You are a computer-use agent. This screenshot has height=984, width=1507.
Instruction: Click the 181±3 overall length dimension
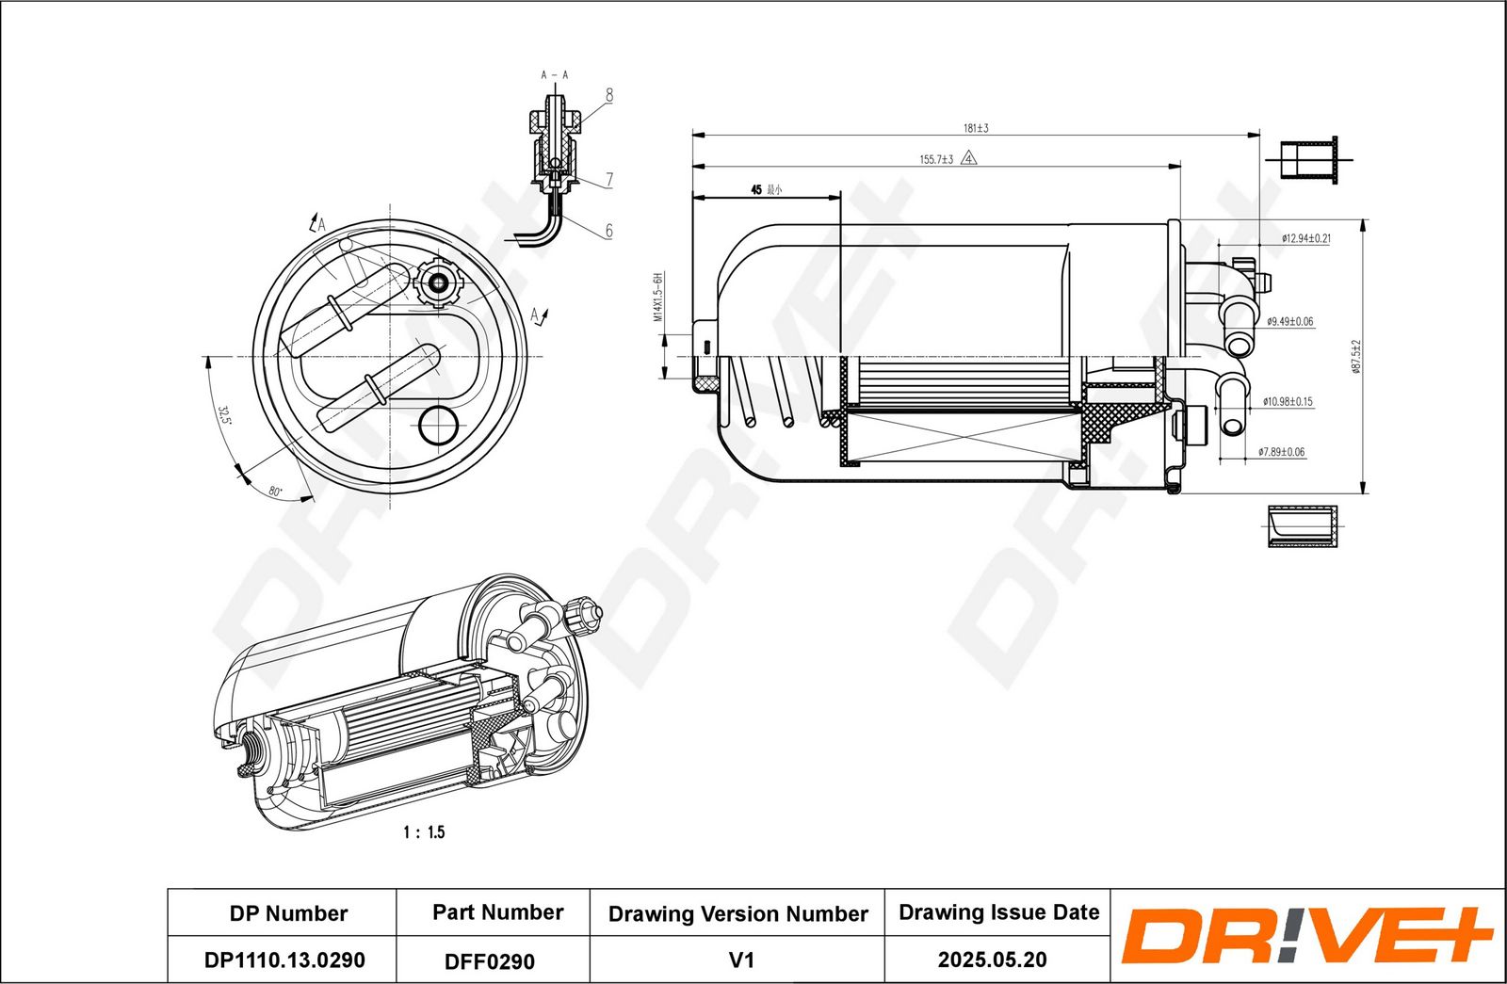pyautogui.click(x=975, y=128)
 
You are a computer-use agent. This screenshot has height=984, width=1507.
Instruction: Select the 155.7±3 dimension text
pyautogui.click(x=936, y=159)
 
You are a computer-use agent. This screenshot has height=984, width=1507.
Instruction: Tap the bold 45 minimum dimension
pyautogui.click(x=755, y=190)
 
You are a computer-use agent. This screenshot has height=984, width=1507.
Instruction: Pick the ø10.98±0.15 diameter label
pyautogui.click(x=1288, y=402)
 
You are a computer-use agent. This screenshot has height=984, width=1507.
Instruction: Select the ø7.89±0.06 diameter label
pyautogui.click(x=1281, y=453)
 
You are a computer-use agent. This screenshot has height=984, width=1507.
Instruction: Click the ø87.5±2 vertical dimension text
pyautogui.click(x=1356, y=356)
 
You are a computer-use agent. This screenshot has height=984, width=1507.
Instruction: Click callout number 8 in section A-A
pyautogui.click(x=609, y=95)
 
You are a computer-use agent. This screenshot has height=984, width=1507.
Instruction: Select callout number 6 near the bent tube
pyautogui.click(x=609, y=231)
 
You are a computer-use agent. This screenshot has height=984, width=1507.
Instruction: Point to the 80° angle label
pyautogui.click(x=275, y=491)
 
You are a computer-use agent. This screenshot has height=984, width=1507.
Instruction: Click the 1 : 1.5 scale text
pyautogui.click(x=424, y=832)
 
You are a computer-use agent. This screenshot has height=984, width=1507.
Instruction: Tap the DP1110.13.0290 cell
pyautogui.click(x=284, y=960)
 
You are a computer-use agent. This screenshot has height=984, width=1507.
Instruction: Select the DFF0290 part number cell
pyautogui.click(x=490, y=961)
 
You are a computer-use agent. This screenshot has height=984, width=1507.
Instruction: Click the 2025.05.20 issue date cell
pyautogui.click(x=992, y=960)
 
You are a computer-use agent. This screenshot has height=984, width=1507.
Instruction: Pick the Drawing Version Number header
pyautogui.click(x=737, y=914)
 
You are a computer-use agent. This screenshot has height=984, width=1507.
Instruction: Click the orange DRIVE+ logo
pyautogui.click(x=1306, y=935)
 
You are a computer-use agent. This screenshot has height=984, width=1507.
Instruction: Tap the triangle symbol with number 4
pyautogui.click(x=969, y=159)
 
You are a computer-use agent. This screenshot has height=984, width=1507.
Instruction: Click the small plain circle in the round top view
pyautogui.click(x=438, y=426)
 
